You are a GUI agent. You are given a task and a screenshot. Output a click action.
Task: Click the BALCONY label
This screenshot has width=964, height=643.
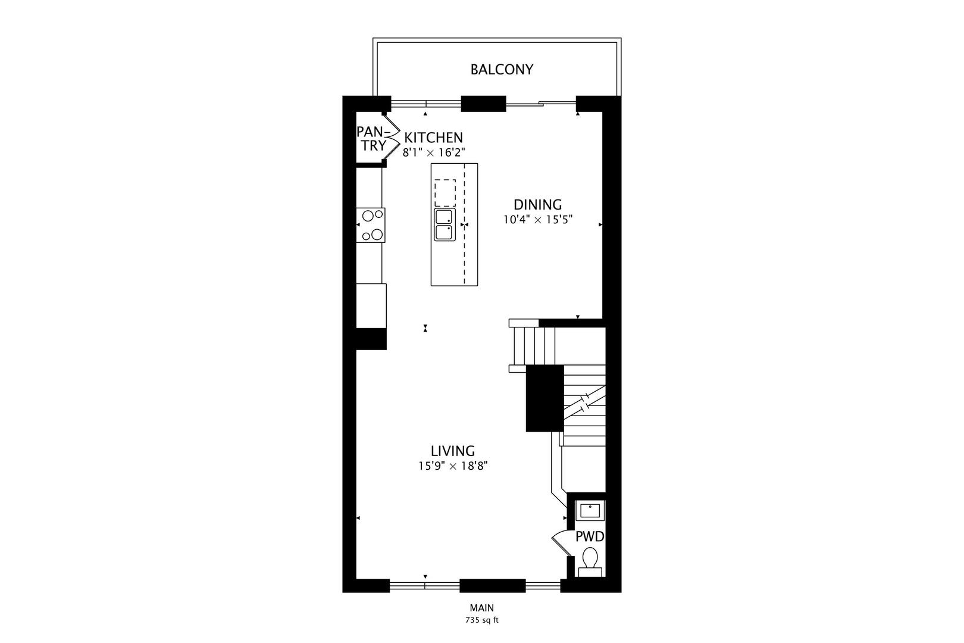[502, 70]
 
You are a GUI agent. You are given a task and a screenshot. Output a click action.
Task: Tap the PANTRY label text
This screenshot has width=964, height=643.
[371, 138]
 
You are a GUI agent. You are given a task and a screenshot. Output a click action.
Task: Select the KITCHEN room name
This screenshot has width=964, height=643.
[433, 138]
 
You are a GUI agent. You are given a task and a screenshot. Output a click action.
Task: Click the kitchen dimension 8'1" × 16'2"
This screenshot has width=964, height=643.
[433, 152]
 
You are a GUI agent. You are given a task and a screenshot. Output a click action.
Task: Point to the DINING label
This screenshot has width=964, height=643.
[537, 205]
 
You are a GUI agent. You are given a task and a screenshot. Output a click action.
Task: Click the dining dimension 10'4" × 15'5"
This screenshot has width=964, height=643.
[537, 220]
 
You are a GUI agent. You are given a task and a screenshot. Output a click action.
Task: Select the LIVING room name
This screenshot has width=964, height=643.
[453, 451]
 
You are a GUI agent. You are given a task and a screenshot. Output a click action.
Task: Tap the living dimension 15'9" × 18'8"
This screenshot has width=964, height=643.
[453, 466]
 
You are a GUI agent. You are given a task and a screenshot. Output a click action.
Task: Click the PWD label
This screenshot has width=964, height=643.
[589, 537]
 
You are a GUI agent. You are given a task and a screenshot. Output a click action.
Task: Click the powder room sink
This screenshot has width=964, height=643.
[590, 510]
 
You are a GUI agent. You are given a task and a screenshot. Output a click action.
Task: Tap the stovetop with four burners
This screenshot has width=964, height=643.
[371, 225]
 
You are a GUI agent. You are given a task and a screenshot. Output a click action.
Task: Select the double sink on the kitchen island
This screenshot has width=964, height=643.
[444, 224]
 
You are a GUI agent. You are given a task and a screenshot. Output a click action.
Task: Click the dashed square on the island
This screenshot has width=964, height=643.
[445, 192]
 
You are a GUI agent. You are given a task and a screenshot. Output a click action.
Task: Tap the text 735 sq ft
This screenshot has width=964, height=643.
[481, 620]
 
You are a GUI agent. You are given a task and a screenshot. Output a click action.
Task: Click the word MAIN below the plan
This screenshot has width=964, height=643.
[481, 608]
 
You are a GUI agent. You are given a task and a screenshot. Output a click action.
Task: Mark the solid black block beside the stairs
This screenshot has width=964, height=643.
[544, 398]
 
